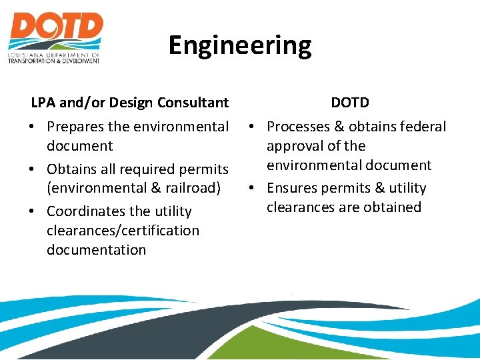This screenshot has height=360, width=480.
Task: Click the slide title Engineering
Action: pos(239,45)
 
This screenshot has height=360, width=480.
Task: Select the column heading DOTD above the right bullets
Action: pos(350,103)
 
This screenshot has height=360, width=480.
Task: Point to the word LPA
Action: pos(43,103)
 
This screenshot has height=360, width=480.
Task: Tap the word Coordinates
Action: pos(86,211)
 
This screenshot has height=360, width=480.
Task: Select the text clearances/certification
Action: pos(123,231)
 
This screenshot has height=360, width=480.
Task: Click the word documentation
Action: pos(96,250)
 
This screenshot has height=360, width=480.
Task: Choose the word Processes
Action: pos(299,127)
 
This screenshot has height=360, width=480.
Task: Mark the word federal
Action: pos(423,127)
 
